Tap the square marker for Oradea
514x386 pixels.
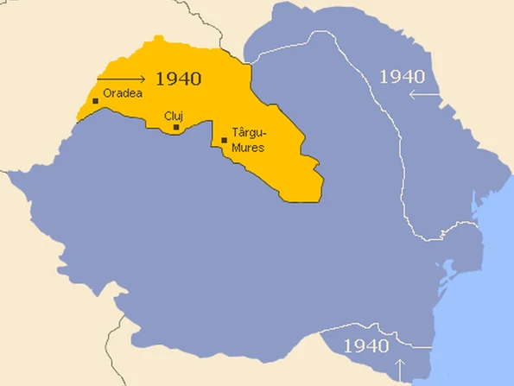point(96,101)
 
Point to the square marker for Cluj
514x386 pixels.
point(176,128)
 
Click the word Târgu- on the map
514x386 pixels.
point(250,135)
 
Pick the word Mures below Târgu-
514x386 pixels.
point(249,147)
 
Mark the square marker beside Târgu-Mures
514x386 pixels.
point(225,140)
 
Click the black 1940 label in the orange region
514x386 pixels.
point(179,79)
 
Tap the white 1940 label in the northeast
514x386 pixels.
point(403,76)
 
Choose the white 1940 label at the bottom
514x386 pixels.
point(366,346)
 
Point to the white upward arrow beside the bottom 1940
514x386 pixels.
point(400,347)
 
